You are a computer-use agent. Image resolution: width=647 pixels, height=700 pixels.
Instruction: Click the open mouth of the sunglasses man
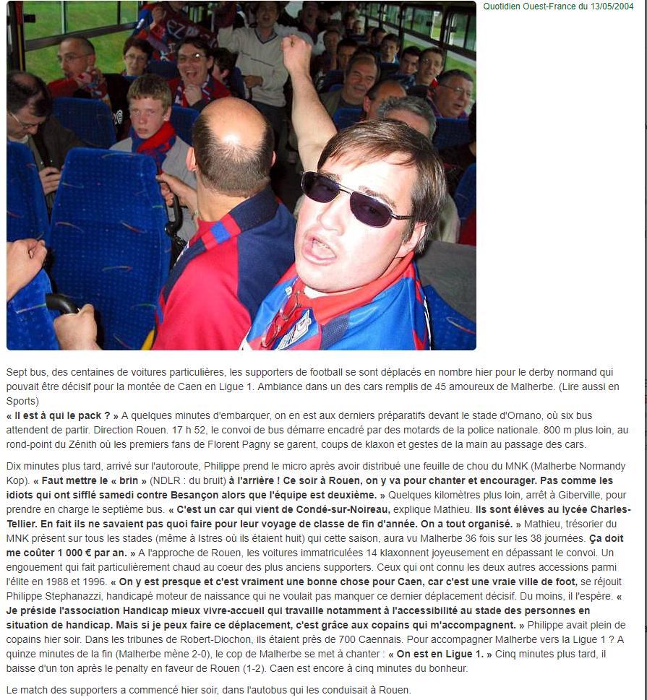coord(319,249)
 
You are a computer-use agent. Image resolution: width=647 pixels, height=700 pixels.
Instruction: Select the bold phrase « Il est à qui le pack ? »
coord(62,415)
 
